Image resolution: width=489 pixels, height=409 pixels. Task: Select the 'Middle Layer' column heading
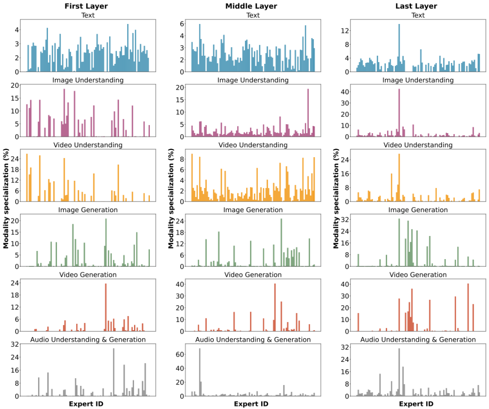coord(251,6)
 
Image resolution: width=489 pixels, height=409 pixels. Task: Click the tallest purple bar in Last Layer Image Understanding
coord(399,113)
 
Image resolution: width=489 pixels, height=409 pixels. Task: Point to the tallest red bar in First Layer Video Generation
coord(105,308)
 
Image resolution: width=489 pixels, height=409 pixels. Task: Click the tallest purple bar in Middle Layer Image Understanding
coord(308,113)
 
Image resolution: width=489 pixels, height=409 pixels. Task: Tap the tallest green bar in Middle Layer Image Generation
coord(281,243)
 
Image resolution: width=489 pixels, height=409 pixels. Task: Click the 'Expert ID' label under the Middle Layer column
coord(251,404)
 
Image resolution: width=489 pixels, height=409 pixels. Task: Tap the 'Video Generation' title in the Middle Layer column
coord(253,275)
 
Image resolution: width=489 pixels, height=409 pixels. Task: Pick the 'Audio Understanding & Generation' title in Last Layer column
coord(417,340)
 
